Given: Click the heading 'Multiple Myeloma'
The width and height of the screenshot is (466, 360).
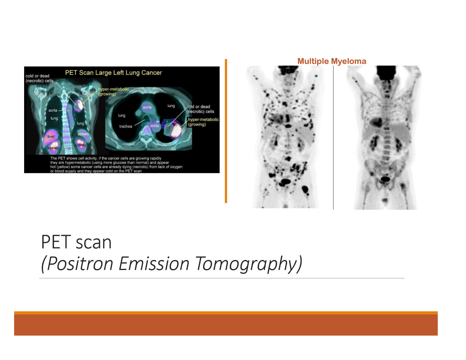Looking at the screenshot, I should pyautogui.click(x=332, y=61).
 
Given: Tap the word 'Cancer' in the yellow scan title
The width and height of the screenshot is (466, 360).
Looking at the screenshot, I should pyautogui.click(x=152, y=73).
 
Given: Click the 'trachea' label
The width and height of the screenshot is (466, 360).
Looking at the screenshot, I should pyautogui.click(x=126, y=126).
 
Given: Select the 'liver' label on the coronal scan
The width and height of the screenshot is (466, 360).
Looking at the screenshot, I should pyautogui.click(x=51, y=136).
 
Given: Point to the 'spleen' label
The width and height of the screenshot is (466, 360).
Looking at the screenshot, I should pyautogui.click(x=83, y=134).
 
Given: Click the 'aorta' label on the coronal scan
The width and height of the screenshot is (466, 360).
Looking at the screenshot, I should pyautogui.click(x=53, y=110).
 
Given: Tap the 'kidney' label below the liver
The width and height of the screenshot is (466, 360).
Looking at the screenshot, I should pyautogui.click(x=53, y=148).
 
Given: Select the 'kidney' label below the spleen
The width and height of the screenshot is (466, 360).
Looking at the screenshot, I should pyautogui.click(x=80, y=145).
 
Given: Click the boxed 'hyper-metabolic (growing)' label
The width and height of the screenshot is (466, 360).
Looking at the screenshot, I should pyautogui.click(x=203, y=122).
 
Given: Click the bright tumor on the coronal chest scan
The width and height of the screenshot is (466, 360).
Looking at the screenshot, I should pyautogui.click(x=79, y=105).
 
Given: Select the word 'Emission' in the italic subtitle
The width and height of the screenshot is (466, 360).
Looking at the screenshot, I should pyautogui.click(x=154, y=264).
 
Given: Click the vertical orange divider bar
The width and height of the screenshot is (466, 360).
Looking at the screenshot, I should pyautogui.click(x=226, y=131).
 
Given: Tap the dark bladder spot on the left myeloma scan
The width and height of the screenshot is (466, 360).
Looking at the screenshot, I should pyautogui.click(x=285, y=181).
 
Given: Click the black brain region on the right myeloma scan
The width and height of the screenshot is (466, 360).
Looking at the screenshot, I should pyautogui.click(x=385, y=71).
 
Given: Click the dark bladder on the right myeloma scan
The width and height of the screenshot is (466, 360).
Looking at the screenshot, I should pyautogui.click(x=385, y=179).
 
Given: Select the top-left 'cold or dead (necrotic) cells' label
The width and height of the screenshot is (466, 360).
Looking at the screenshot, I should pyautogui.click(x=39, y=78).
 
